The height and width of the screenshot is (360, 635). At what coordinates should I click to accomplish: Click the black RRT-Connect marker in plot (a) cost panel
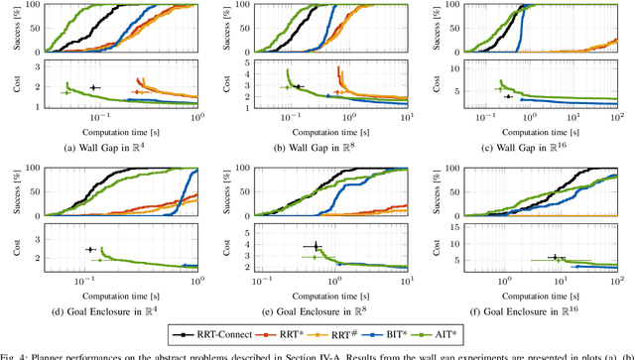[x=94, y=88]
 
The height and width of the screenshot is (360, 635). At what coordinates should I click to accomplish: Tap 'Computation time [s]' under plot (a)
[x=117, y=132]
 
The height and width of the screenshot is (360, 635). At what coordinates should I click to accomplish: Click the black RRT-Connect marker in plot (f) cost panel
[x=555, y=257]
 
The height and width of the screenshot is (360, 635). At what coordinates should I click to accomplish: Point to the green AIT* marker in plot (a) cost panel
[x=66, y=92]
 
